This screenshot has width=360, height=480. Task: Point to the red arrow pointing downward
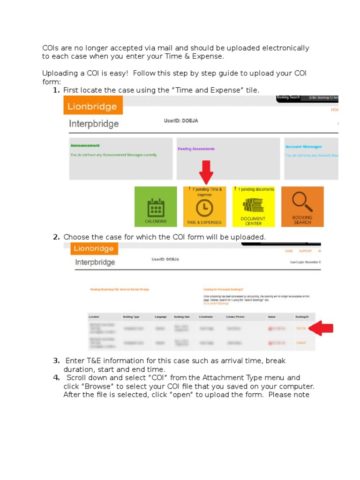(205, 172)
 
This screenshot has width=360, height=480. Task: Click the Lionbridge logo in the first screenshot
(92, 106)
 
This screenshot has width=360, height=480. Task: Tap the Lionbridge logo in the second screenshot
(94, 248)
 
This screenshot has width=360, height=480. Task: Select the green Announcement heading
(85, 146)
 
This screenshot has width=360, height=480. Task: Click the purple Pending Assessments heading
(196, 149)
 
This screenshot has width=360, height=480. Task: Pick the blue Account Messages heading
(304, 147)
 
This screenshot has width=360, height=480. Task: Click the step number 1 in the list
(56, 90)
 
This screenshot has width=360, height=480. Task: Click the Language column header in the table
(160, 317)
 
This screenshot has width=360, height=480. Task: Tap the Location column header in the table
(95, 317)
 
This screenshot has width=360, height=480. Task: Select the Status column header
(271, 317)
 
